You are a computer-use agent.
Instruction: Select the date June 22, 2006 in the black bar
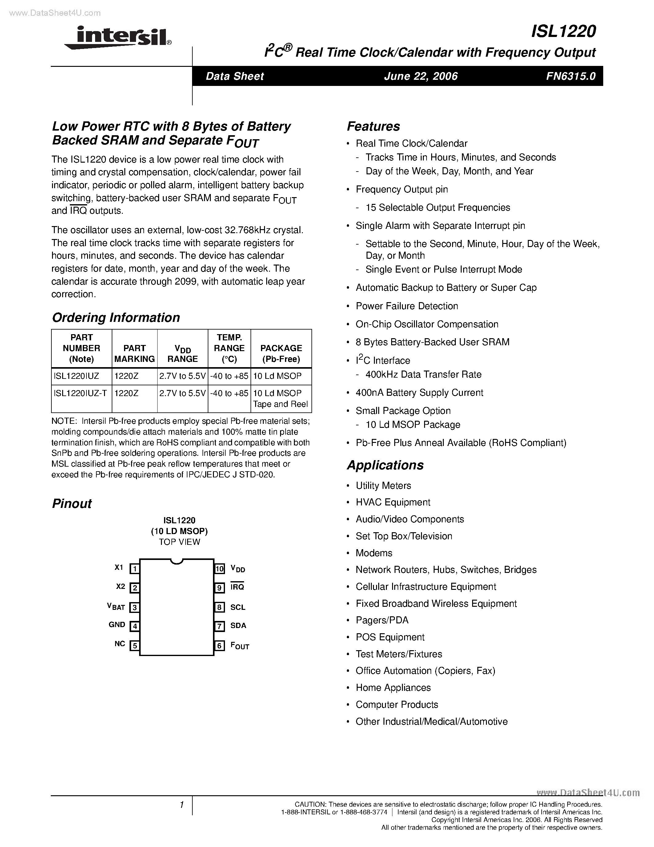tap(421, 76)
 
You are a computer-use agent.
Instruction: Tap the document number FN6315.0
tap(571, 76)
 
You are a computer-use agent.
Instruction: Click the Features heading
tap(373, 126)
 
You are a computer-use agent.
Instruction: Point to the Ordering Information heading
tap(116, 318)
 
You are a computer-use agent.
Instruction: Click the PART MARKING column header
tap(134, 353)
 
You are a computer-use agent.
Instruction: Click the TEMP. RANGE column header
tap(229, 348)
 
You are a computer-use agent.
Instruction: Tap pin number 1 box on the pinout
tap(134, 569)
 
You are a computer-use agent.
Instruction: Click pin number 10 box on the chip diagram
tap(220, 569)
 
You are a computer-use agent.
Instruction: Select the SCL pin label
tap(238, 607)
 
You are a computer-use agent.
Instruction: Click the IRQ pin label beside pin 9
tap(237, 587)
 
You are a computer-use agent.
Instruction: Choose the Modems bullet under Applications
tap(374, 553)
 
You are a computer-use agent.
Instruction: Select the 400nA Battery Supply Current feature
tap(419, 393)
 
